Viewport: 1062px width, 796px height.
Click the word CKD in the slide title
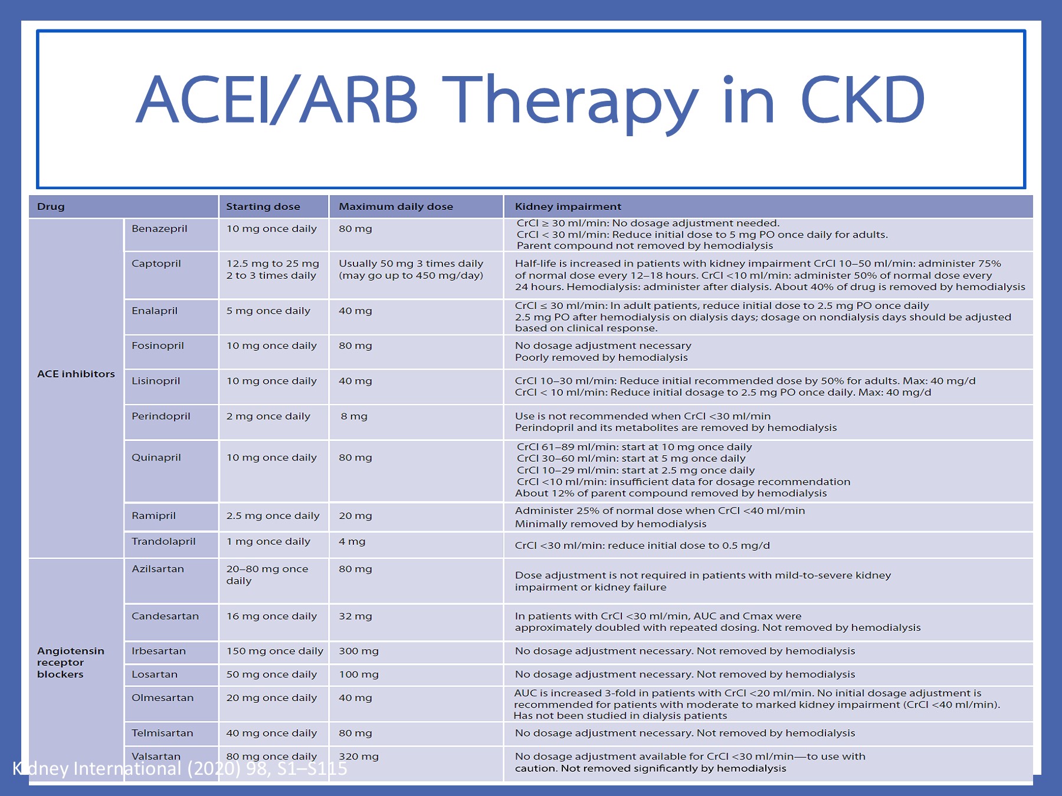(x=862, y=100)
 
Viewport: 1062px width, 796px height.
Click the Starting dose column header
(x=263, y=206)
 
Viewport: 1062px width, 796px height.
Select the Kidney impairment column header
(x=568, y=206)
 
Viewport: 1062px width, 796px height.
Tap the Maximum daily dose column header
(x=395, y=206)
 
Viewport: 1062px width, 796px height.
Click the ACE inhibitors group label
(x=76, y=374)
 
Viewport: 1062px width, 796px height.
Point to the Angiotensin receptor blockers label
(x=70, y=662)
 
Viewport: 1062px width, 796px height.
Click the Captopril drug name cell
(x=156, y=264)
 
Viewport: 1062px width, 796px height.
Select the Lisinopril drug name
(x=156, y=381)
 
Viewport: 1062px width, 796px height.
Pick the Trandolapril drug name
(x=163, y=541)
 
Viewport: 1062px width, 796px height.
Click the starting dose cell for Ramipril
(x=273, y=515)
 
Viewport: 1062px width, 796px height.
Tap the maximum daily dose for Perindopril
(x=354, y=416)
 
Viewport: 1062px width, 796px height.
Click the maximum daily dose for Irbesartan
(x=359, y=651)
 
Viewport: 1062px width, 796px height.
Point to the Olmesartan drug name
(x=162, y=698)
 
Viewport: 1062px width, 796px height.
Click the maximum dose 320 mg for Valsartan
(x=359, y=756)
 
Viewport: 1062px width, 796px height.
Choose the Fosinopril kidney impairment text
(x=602, y=351)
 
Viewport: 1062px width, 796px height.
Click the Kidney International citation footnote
(x=180, y=768)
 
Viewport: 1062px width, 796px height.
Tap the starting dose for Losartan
(x=271, y=675)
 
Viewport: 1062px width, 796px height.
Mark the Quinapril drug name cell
(x=156, y=458)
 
